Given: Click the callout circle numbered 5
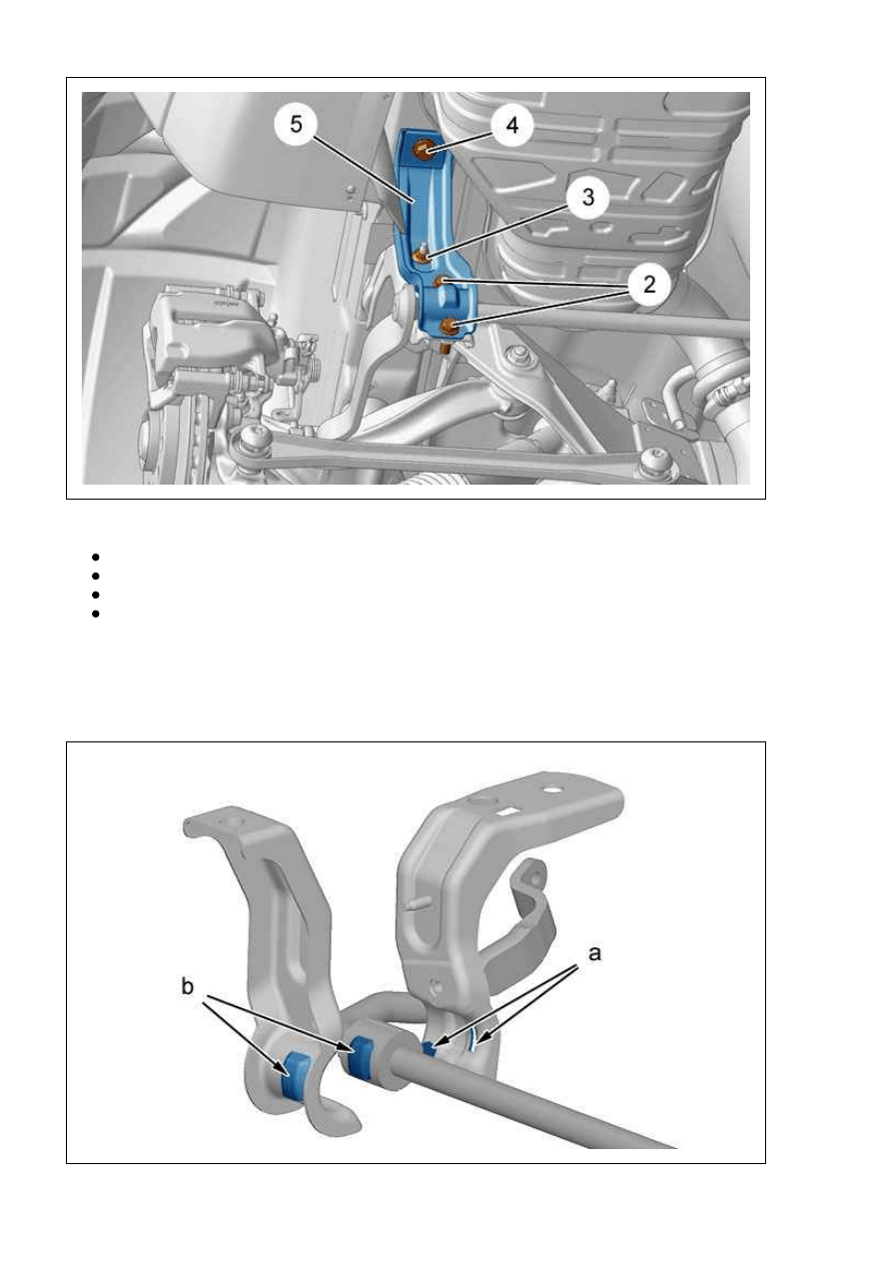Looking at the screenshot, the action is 297,124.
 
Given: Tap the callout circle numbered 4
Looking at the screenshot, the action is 511,125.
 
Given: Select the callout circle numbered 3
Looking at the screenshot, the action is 588,197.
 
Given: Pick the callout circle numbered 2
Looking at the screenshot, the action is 648,284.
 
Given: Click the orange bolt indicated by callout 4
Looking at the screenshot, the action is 423,149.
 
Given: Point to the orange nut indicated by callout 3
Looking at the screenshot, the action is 421,257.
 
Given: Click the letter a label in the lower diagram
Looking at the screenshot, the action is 594,954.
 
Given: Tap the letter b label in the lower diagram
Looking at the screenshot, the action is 188,986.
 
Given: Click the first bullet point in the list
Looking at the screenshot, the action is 95,558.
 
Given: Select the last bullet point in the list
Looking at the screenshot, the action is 95,614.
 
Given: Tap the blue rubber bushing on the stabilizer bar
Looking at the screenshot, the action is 362,1055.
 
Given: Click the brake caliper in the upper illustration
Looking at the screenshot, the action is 211,338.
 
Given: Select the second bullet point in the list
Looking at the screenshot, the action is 95,576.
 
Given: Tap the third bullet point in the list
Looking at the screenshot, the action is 95,595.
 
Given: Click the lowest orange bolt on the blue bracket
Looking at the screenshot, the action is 449,325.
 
